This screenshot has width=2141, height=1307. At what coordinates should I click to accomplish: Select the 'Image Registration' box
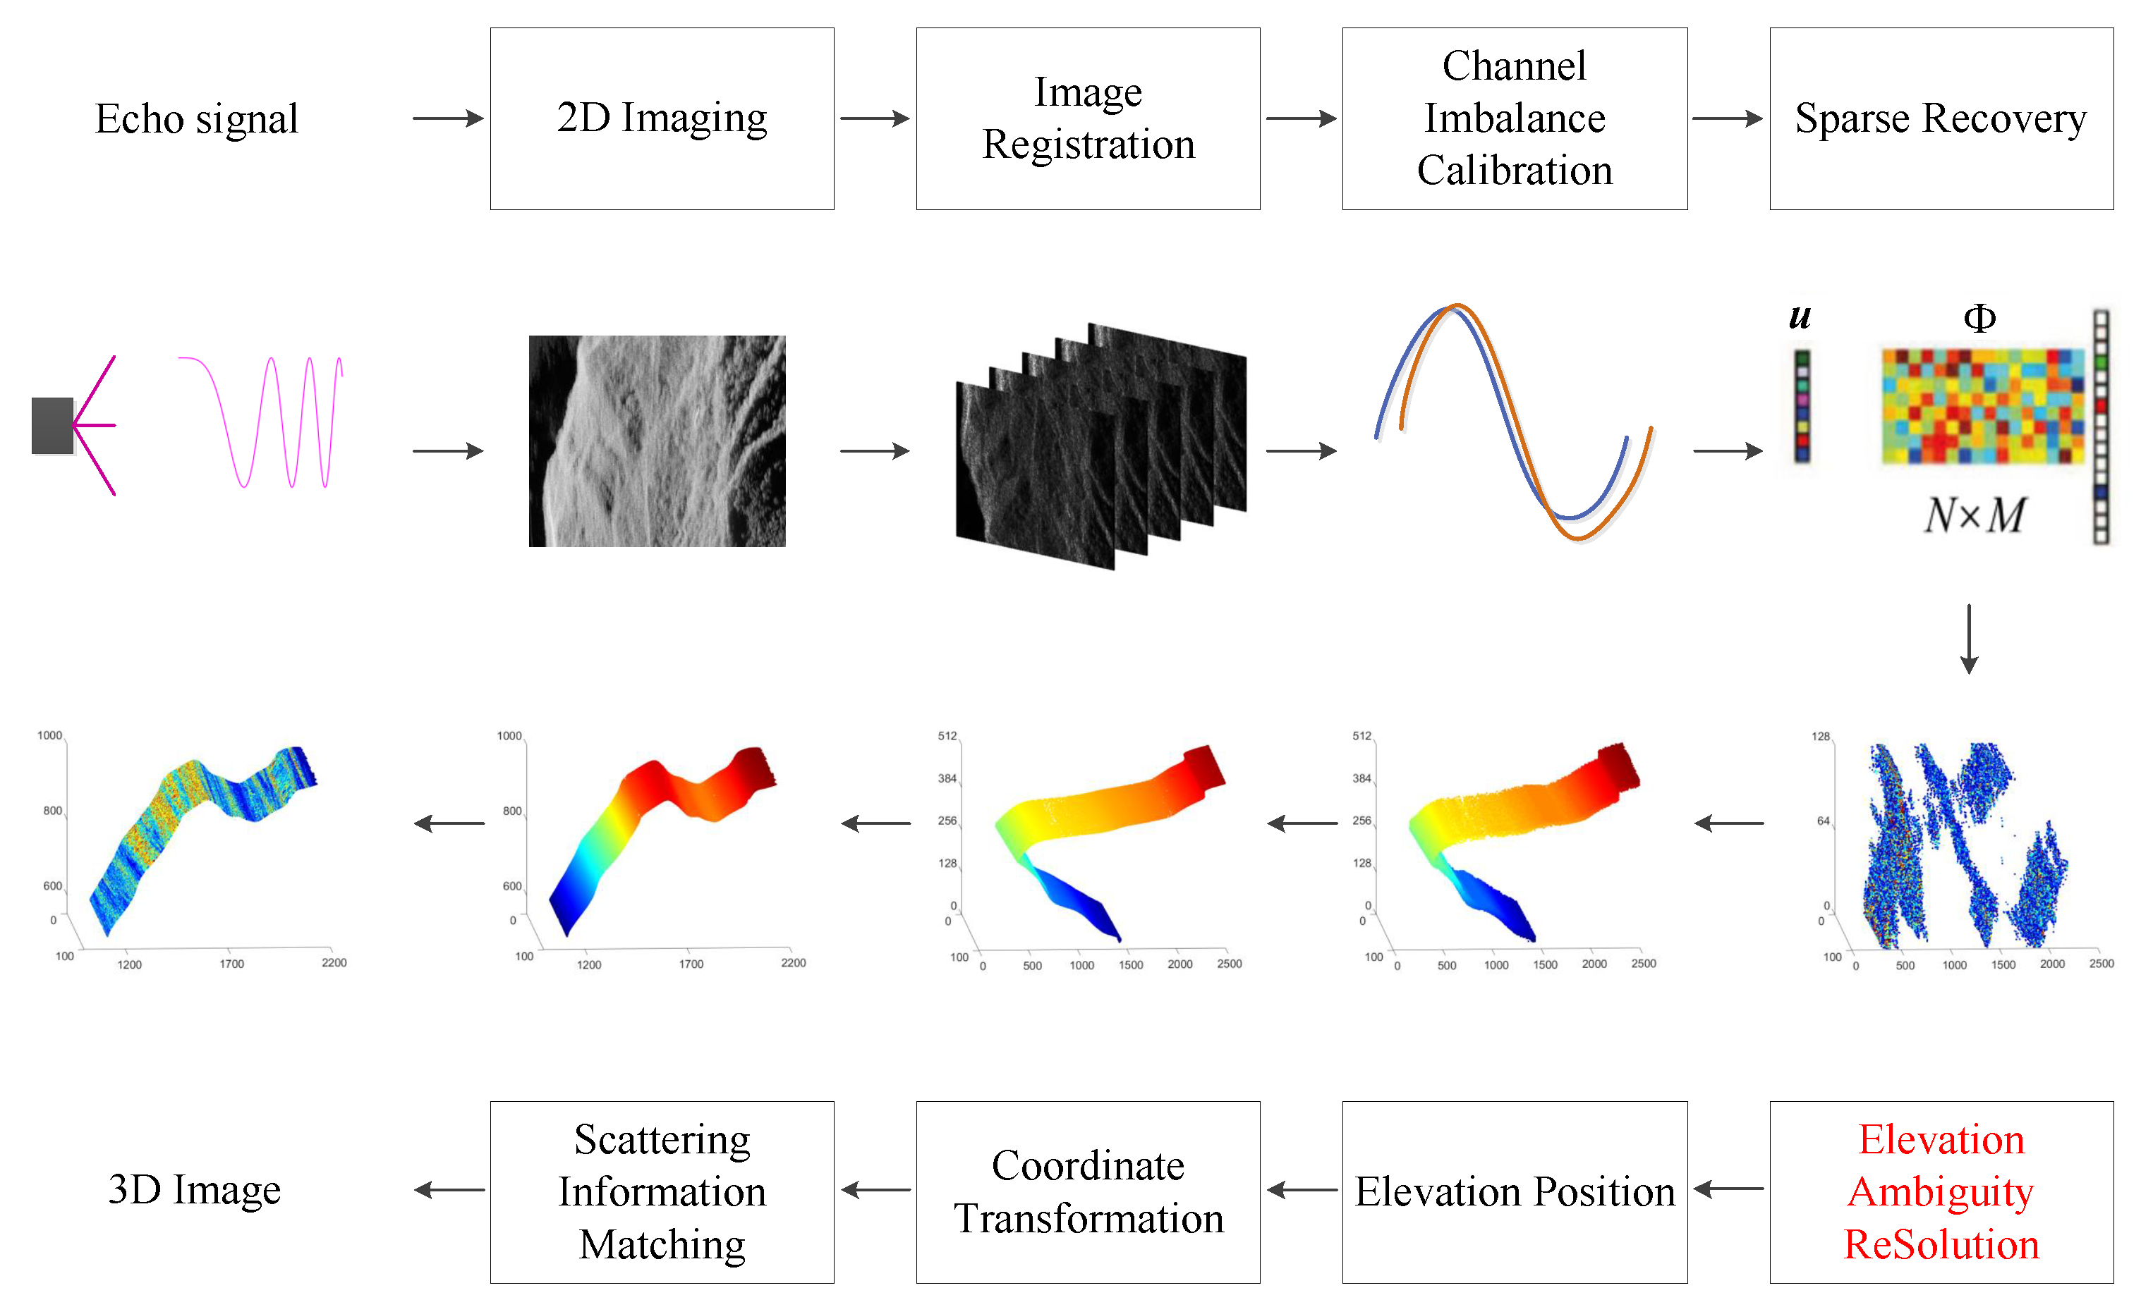pos(1087,118)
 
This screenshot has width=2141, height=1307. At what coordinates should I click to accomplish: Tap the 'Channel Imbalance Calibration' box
pos(1514,118)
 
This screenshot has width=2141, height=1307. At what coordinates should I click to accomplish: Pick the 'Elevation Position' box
pos(1514,1191)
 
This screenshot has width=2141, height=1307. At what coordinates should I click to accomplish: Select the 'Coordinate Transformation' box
pos(1087,1191)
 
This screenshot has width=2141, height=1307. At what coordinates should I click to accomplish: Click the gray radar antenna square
pos(52,426)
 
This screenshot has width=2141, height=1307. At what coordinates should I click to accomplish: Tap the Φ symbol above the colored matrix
pos(1979,318)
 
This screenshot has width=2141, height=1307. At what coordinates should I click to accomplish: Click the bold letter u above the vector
pos(1799,317)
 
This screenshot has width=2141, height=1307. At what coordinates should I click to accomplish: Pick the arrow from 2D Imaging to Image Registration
pos(874,118)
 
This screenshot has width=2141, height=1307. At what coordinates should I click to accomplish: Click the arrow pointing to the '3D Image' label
pos(449,1190)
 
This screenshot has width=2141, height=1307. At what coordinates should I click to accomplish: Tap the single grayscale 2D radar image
pos(657,441)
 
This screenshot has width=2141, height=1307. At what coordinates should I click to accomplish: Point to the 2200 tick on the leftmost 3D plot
pos(334,962)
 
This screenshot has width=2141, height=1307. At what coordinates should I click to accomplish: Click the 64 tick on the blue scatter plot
pos(1822,821)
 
